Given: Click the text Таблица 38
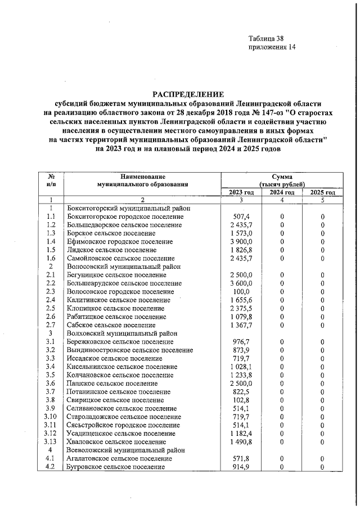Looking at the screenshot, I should (266, 39).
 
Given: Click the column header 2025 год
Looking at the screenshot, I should (323, 192).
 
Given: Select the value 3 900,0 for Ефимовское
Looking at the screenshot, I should (241, 241).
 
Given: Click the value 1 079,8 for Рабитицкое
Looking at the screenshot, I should (241, 317).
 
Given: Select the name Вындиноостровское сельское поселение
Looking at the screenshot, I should (129, 350).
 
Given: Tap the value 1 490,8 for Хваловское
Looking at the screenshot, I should (241, 442).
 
